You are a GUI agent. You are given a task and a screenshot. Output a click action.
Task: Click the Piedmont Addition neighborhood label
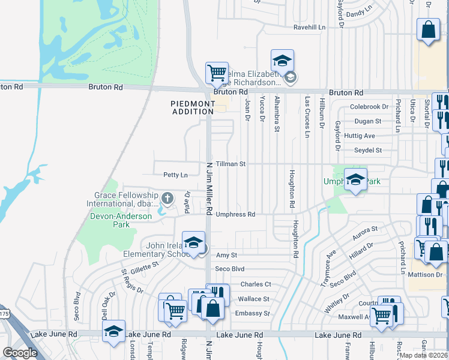(193, 107)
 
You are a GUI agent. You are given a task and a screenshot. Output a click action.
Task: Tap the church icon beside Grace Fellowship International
(167, 197)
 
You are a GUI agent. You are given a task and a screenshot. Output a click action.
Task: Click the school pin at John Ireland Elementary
(193, 243)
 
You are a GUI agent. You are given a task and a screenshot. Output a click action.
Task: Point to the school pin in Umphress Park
(355, 180)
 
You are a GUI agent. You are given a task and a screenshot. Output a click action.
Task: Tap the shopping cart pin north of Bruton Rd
(217, 73)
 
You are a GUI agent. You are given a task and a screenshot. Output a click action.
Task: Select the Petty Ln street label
(175, 175)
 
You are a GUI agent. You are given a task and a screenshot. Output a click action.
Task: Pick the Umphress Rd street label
(235, 214)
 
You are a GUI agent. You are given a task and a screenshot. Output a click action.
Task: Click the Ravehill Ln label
(309, 28)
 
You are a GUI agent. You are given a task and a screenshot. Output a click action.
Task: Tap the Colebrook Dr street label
(369, 107)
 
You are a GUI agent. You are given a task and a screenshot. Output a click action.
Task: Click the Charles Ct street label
(256, 284)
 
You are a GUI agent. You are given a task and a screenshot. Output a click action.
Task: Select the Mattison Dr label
(425, 275)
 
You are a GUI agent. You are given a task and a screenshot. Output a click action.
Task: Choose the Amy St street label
(223, 255)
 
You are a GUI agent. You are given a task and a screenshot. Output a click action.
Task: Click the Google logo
(20, 353)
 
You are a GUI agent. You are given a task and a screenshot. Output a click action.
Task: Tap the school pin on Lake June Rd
(113, 332)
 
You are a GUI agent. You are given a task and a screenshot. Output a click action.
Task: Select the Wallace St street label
(254, 299)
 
